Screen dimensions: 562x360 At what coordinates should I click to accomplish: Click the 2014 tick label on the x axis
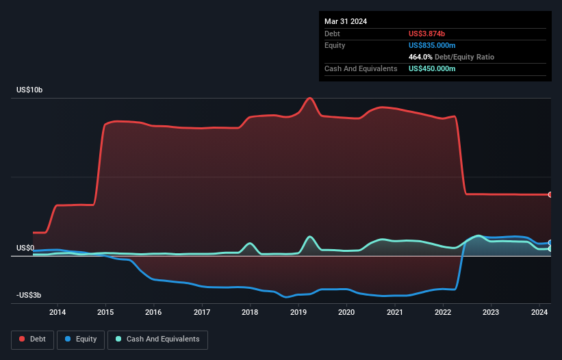click(58, 312)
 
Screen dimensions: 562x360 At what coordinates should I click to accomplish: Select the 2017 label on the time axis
click(202, 312)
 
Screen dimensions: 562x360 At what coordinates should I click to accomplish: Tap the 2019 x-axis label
click(298, 312)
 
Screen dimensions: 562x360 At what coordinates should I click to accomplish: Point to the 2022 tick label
click(443, 312)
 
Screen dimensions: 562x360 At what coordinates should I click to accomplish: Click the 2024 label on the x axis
click(539, 312)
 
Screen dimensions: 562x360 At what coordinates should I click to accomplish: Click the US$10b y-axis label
click(29, 90)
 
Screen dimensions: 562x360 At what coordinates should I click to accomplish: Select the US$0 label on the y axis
click(25, 248)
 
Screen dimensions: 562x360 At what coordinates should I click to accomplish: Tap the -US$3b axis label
click(29, 295)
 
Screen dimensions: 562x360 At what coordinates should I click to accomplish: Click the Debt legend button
click(33, 339)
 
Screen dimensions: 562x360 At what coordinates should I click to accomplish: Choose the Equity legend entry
click(81, 339)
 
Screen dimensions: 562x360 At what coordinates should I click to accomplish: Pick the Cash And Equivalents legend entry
click(157, 339)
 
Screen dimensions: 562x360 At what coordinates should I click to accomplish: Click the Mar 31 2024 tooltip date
click(346, 21)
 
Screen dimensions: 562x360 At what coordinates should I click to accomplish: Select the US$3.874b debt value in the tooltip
click(426, 34)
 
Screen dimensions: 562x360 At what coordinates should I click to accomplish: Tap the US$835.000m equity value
click(432, 45)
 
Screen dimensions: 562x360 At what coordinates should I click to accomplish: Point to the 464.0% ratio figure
click(420, 57)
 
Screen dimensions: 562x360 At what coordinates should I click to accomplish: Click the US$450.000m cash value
click(432, 68)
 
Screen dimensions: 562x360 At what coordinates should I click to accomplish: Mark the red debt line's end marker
click(550, 195)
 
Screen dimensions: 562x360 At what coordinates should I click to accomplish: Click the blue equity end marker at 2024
click(550, 243)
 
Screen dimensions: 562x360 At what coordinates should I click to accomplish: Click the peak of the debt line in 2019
click(309, 98)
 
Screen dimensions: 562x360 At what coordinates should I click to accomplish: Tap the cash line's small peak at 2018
click(250, 243)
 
